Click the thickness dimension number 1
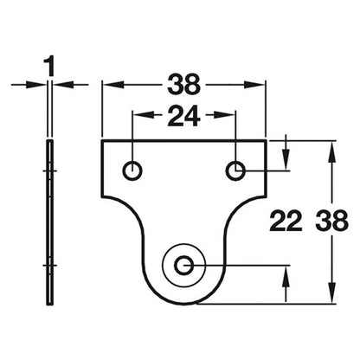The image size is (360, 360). [x=50, y=67]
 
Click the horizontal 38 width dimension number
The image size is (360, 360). [x=184, y=85]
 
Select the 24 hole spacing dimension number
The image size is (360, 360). [x=184, y=116]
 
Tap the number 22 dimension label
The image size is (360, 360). [x=286, y=222]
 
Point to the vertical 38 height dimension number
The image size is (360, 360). [x=332, y=222]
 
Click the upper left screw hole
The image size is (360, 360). [x=132, y=170]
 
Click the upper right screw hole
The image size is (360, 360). [x=235, y=170]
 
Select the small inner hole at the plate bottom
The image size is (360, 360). [x=184, y=266]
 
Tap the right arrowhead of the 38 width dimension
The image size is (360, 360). [x=254, y=85]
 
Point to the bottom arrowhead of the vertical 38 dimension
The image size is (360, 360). [x=332, y=292]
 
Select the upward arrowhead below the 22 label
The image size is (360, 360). [x=286, y=277]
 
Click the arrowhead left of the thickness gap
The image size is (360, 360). [x=35, y=85]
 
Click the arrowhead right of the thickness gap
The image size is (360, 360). [x=63, y=85]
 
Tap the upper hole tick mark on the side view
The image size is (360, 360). [x=50, y=170]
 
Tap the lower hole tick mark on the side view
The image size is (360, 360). [x=50, y=266]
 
